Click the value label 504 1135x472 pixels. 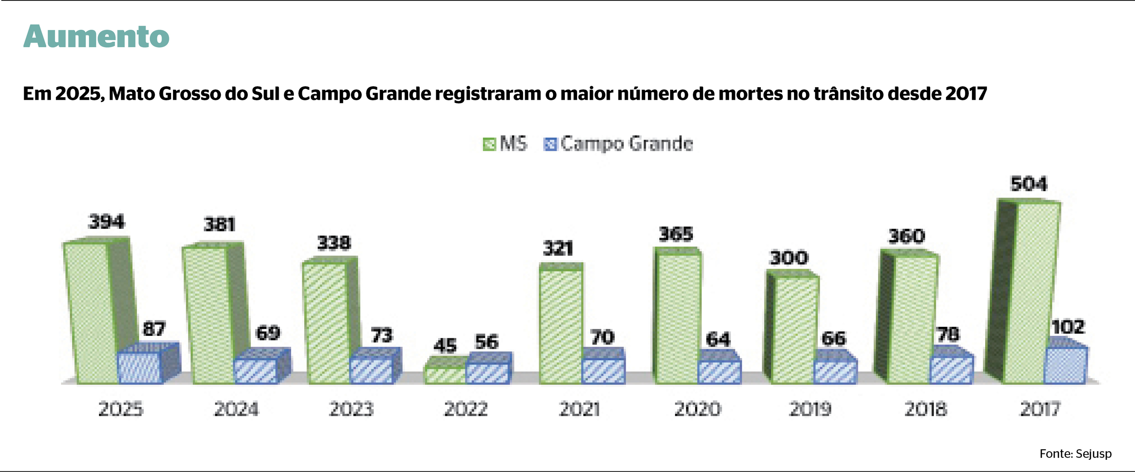1029,184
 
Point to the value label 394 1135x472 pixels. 106,221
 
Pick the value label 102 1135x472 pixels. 1068,327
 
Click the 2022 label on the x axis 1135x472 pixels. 466,409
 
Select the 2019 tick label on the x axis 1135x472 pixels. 810,409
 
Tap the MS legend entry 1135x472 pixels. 505,144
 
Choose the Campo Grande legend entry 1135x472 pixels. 618,144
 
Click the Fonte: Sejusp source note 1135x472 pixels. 1075,453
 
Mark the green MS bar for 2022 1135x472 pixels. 445,375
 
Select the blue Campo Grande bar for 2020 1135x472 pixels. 719,372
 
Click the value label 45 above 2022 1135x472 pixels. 445,346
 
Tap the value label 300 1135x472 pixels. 789,258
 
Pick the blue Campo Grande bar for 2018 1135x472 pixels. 951,370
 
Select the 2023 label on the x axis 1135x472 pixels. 351,409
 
